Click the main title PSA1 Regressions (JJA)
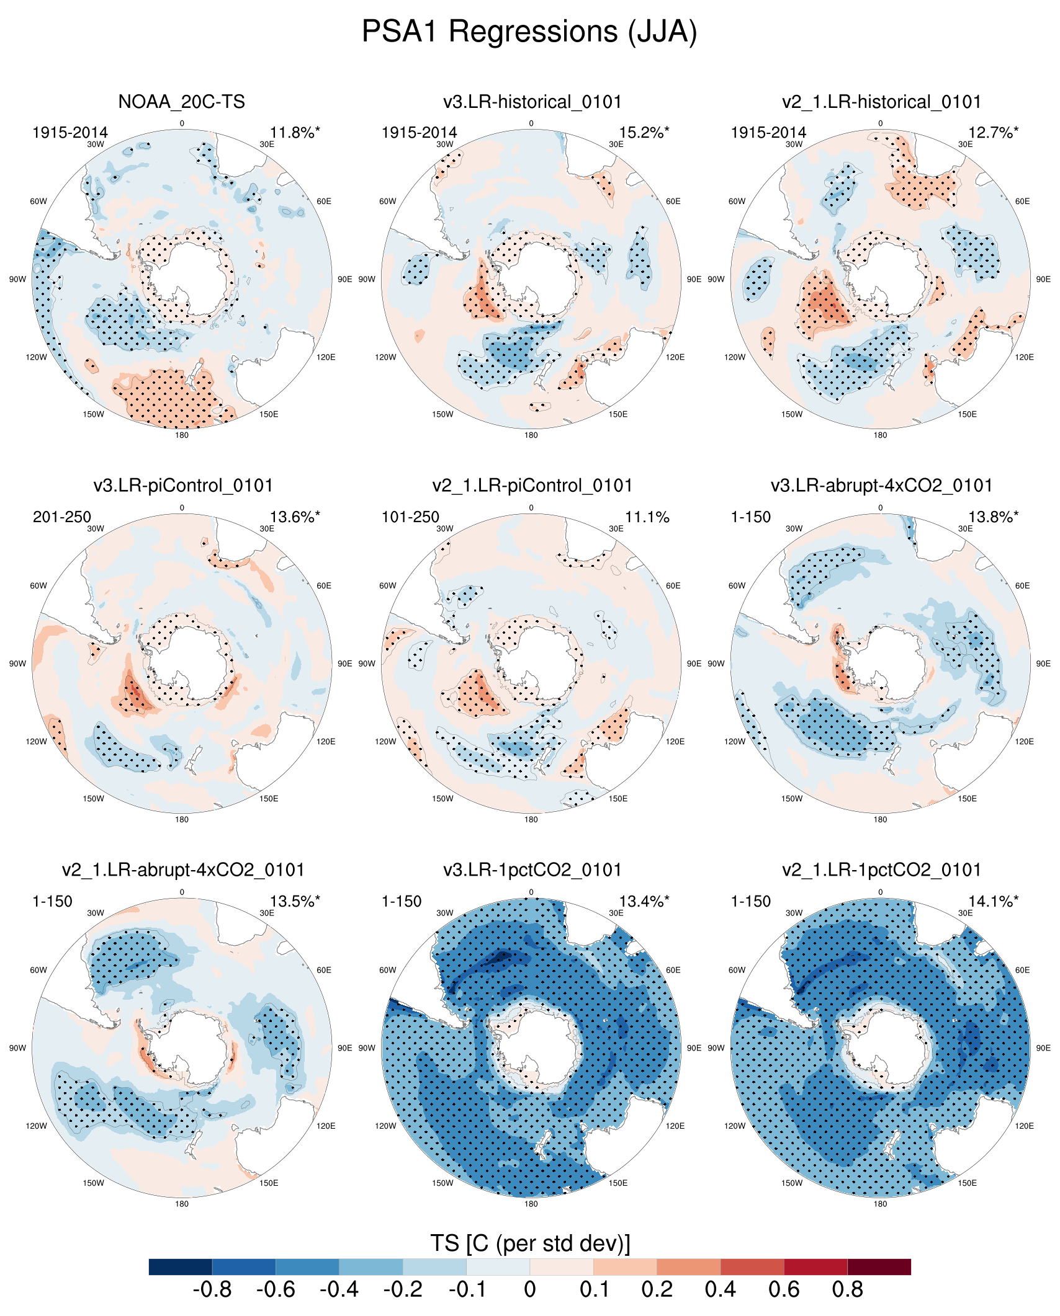tap(529, 31)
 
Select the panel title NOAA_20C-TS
tap(181, 102)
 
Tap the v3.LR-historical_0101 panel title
tap(532, 102)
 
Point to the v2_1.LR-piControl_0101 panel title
tap(532, 486)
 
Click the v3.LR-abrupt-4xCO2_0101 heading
tap(881, 486)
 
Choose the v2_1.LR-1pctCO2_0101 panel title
tap(881, 870)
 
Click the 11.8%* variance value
tap(295, 133)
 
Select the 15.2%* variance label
tap(644, 133)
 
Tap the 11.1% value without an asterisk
tap(647, 517)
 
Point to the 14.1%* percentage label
tap(993, 902)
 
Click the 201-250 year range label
tap(62, 517)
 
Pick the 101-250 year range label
tap(410, 517)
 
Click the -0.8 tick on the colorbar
tap(212, 1289)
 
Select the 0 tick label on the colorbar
tap(529, 1289)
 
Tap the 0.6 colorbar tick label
tap(784, 1289)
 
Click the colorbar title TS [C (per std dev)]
tap(529, 1243)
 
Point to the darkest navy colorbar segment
tap(181, 1266)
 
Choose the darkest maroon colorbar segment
tap(879, 1266)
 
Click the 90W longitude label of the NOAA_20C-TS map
tap(17, 280)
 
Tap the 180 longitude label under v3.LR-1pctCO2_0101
tap(531, 1204)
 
